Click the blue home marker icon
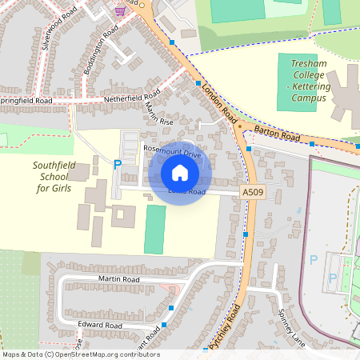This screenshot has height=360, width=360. coord(179,172)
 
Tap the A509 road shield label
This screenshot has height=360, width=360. coord(250,193)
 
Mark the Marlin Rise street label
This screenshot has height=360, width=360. coord(158,113)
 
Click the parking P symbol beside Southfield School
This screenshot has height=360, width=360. coord(118,164)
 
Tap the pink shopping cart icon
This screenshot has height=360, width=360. coord(119,10)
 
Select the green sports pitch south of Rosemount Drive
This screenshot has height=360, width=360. coord(155,229)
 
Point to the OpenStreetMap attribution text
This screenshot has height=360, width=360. coord(81,354)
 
